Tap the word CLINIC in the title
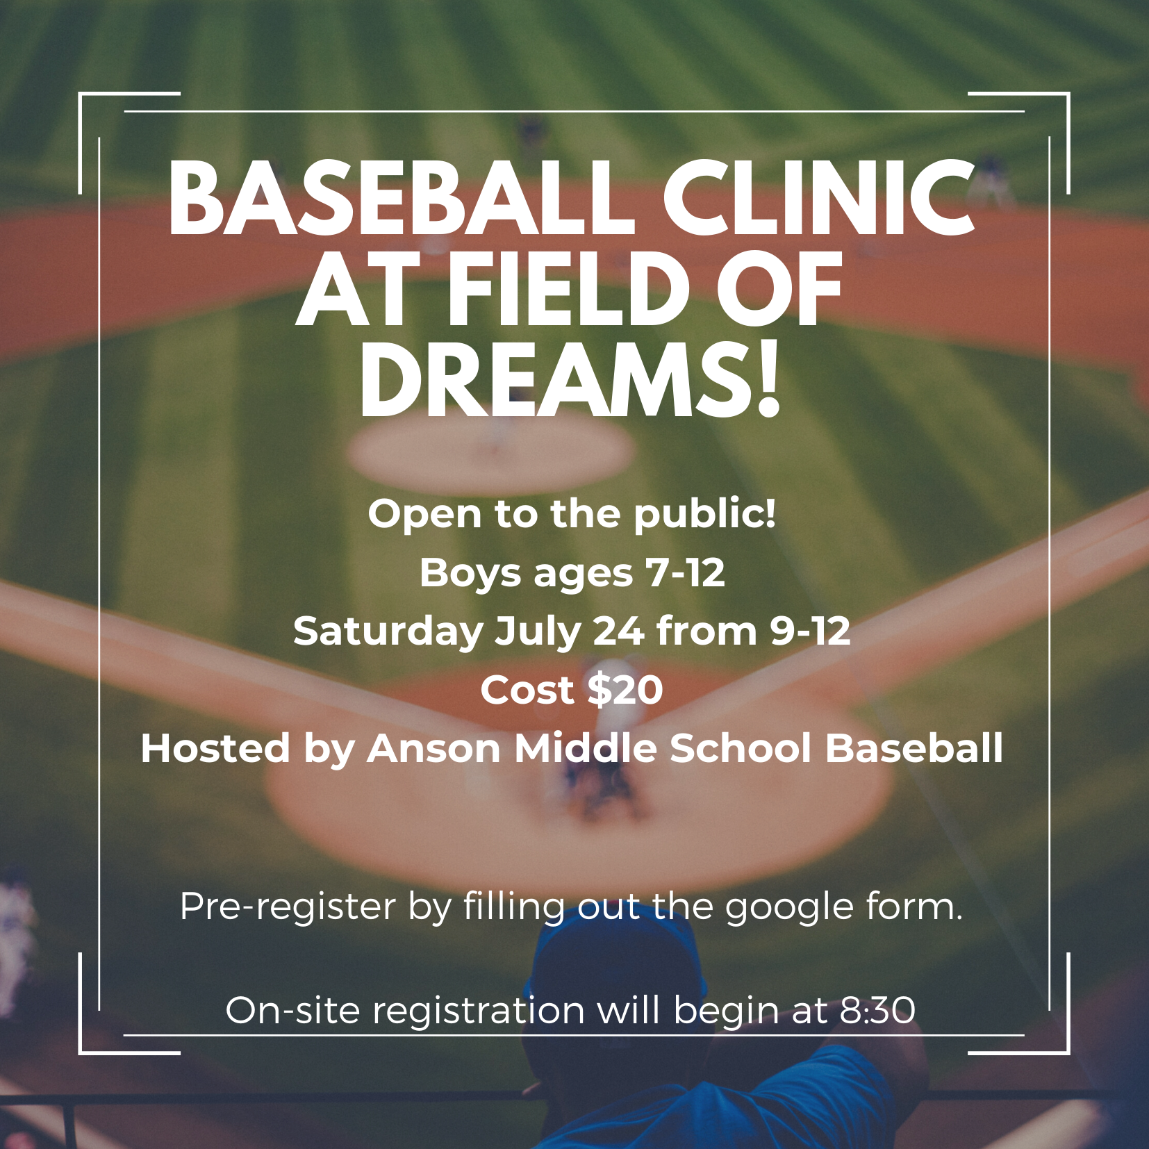pos(819,199)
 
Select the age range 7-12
pos(685,574)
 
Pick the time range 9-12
pos(810,631)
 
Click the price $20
pos(625,690)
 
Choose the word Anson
pos(434,749)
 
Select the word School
pos(741,748)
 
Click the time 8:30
pos(877,1011)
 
